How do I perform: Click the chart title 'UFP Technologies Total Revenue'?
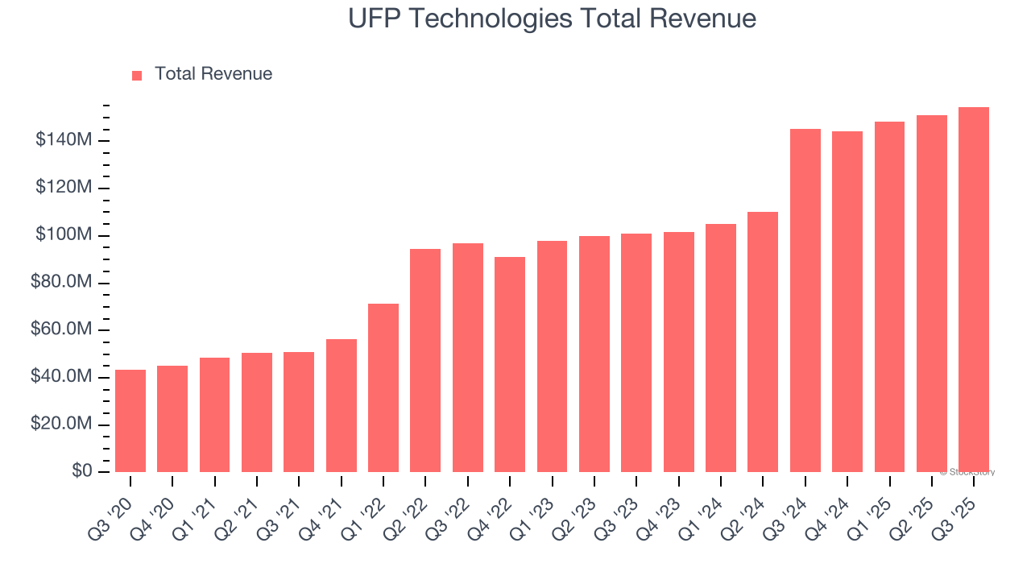(x=552, y=19)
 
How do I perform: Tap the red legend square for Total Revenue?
(x=137, y=75)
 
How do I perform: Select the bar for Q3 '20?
(x=130, y=420)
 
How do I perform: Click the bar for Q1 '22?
(x=383, y=387)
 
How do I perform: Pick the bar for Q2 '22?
(x=425, y=360)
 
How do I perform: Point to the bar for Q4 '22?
(x=510, y=364)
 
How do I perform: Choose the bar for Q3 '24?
(x=805, y=300)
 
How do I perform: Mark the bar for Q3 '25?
(x=974, y=289)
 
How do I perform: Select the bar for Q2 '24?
(x=763, y=342)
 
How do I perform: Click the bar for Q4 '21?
(x=342, y=405)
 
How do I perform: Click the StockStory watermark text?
(x=967, y=472)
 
